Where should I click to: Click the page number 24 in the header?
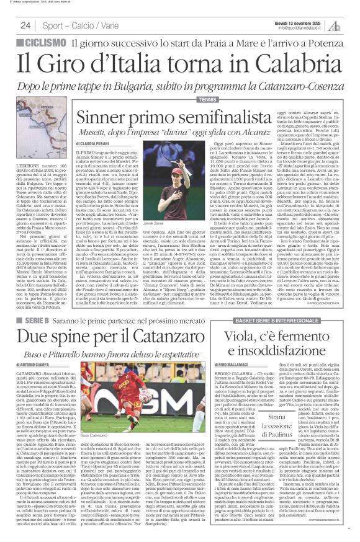(x=26, y=25)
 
